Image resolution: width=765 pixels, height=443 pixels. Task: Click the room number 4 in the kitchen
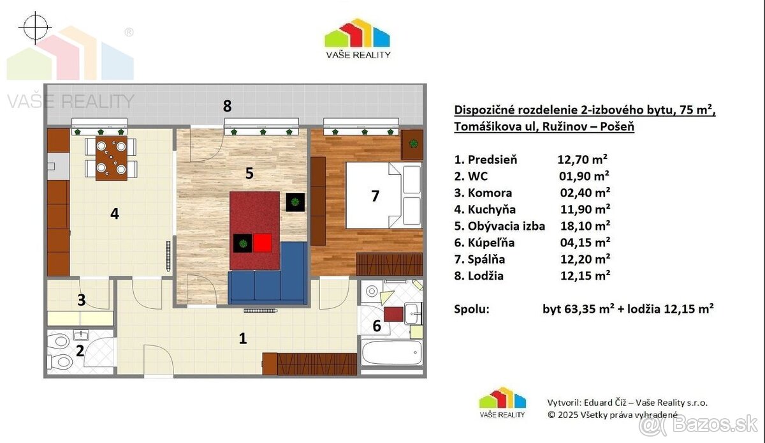coord(114,214)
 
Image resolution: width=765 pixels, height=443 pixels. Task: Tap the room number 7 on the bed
coord(375,196)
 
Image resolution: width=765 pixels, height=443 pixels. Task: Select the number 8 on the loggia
coord(227,106)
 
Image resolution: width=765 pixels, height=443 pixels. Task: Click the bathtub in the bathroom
coord(391,352)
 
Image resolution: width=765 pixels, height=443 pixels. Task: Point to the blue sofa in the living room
coord(268,280)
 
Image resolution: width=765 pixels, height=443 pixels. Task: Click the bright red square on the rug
coord(263,243)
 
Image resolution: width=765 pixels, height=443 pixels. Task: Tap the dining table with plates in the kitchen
coord(112,158)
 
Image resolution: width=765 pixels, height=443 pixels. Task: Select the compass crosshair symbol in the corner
coord(35,28)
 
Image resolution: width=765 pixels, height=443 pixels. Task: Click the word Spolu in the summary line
coord(472,310)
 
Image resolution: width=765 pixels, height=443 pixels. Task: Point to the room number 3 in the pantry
coord(81,300)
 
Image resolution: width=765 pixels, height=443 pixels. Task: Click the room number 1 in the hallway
coord(242,338)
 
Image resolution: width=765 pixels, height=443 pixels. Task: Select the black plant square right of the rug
coord(295,202)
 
